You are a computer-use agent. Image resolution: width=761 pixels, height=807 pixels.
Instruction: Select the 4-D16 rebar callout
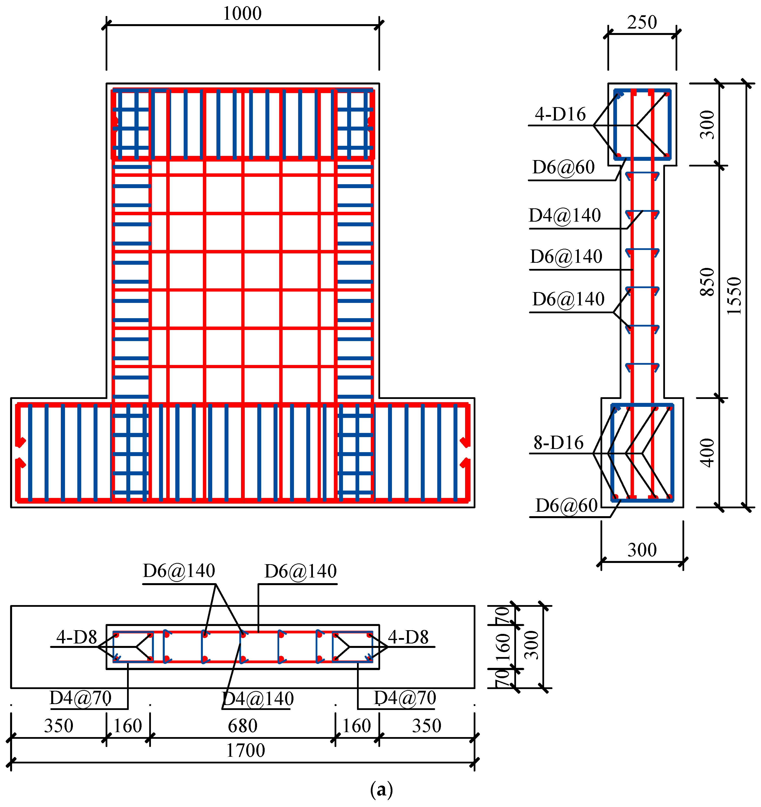[x=560, y=115]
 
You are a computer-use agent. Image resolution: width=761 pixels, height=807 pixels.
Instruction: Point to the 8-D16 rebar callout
[x=558, y=443]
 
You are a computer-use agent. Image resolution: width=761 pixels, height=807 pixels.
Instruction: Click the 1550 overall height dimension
[x=734, y=296]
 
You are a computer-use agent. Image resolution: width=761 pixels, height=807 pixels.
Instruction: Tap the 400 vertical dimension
[x=707, y=453]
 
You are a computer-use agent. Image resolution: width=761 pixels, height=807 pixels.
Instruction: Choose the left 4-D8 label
[x=76, y=637]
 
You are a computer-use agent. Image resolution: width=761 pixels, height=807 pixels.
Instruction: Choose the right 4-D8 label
[x=408, y=637]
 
